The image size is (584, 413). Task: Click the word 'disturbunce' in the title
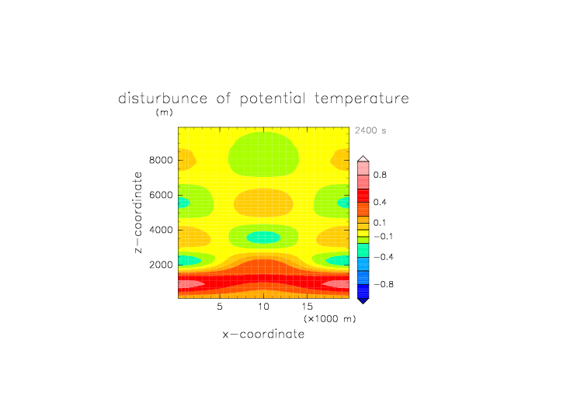pos(163,99)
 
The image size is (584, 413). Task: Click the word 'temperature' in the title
pos(362,99)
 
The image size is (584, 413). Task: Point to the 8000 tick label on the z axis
pos(161,160)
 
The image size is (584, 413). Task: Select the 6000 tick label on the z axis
pos(161,195)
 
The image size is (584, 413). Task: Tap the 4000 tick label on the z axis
pos(161,230)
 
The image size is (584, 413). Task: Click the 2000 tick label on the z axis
pos(161,265)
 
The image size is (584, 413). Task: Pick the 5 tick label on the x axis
pos(220,307)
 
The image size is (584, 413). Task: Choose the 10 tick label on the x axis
pos(264,307)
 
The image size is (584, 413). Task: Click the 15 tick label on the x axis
pos(308,307)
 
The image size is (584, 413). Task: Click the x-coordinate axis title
pos(263,334)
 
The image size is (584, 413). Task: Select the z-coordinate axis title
pos(137,212)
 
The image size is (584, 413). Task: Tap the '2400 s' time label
pos(370,130)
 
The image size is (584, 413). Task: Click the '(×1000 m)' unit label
pos(330,319)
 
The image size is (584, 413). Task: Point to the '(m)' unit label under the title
pos(165,112)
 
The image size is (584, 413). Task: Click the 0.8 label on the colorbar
pos(380,175)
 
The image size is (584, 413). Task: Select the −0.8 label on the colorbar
pos(384,284)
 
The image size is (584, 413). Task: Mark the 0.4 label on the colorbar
pos(380,202)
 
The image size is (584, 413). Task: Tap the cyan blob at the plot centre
pos(264,238)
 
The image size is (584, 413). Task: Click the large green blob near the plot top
pos(264,154)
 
